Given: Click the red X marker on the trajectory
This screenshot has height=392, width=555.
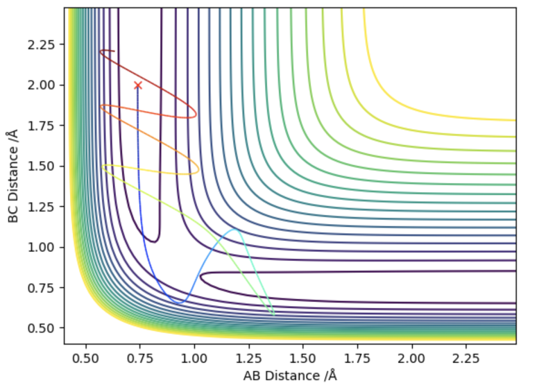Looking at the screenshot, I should pyautogui.click(x=138, y=85).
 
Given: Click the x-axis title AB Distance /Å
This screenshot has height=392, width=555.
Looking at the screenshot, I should pyautogui.click(x=289, y=376).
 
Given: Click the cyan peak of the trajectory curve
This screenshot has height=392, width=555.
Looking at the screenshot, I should pyautogui.click(x=234, y=229).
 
